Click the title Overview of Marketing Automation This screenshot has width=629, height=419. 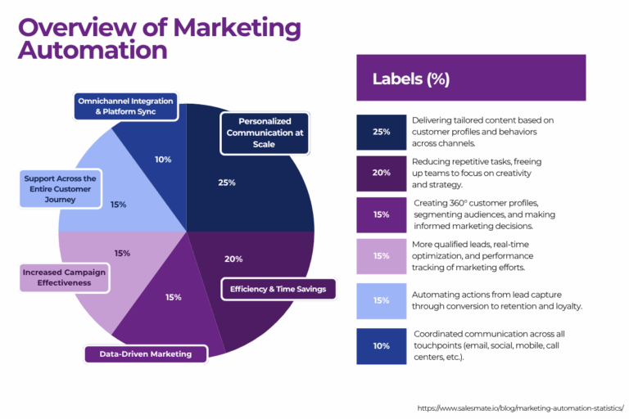159,38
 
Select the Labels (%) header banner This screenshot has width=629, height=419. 470,79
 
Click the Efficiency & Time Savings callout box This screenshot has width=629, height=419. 278,288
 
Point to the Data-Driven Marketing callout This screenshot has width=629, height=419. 146,354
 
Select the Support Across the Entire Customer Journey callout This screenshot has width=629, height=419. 60,188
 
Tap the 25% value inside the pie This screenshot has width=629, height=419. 226,182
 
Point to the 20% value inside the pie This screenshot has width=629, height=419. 233,259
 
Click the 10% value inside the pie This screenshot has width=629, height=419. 163,160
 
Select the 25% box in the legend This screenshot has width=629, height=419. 381,132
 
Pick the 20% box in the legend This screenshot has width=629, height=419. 381,173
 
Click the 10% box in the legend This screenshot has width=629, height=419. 381,345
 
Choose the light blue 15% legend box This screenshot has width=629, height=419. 381,300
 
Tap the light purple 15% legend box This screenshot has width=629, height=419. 381,256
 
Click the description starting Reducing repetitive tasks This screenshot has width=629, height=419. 477,173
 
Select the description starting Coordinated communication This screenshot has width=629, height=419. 489,345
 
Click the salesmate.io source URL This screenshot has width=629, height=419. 520,407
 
